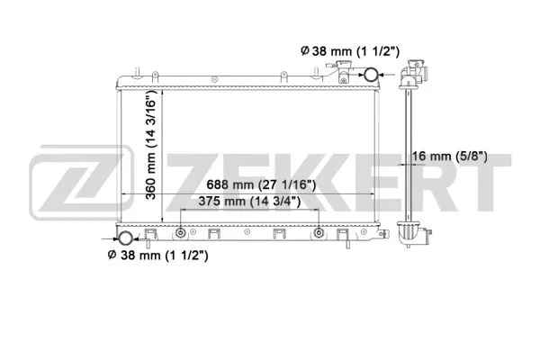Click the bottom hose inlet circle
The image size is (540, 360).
(123, 238)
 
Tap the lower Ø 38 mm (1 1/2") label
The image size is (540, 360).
(158, 256)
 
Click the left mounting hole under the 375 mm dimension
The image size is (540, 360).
(181, 234)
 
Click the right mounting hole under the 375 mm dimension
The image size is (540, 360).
(319, 234)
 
